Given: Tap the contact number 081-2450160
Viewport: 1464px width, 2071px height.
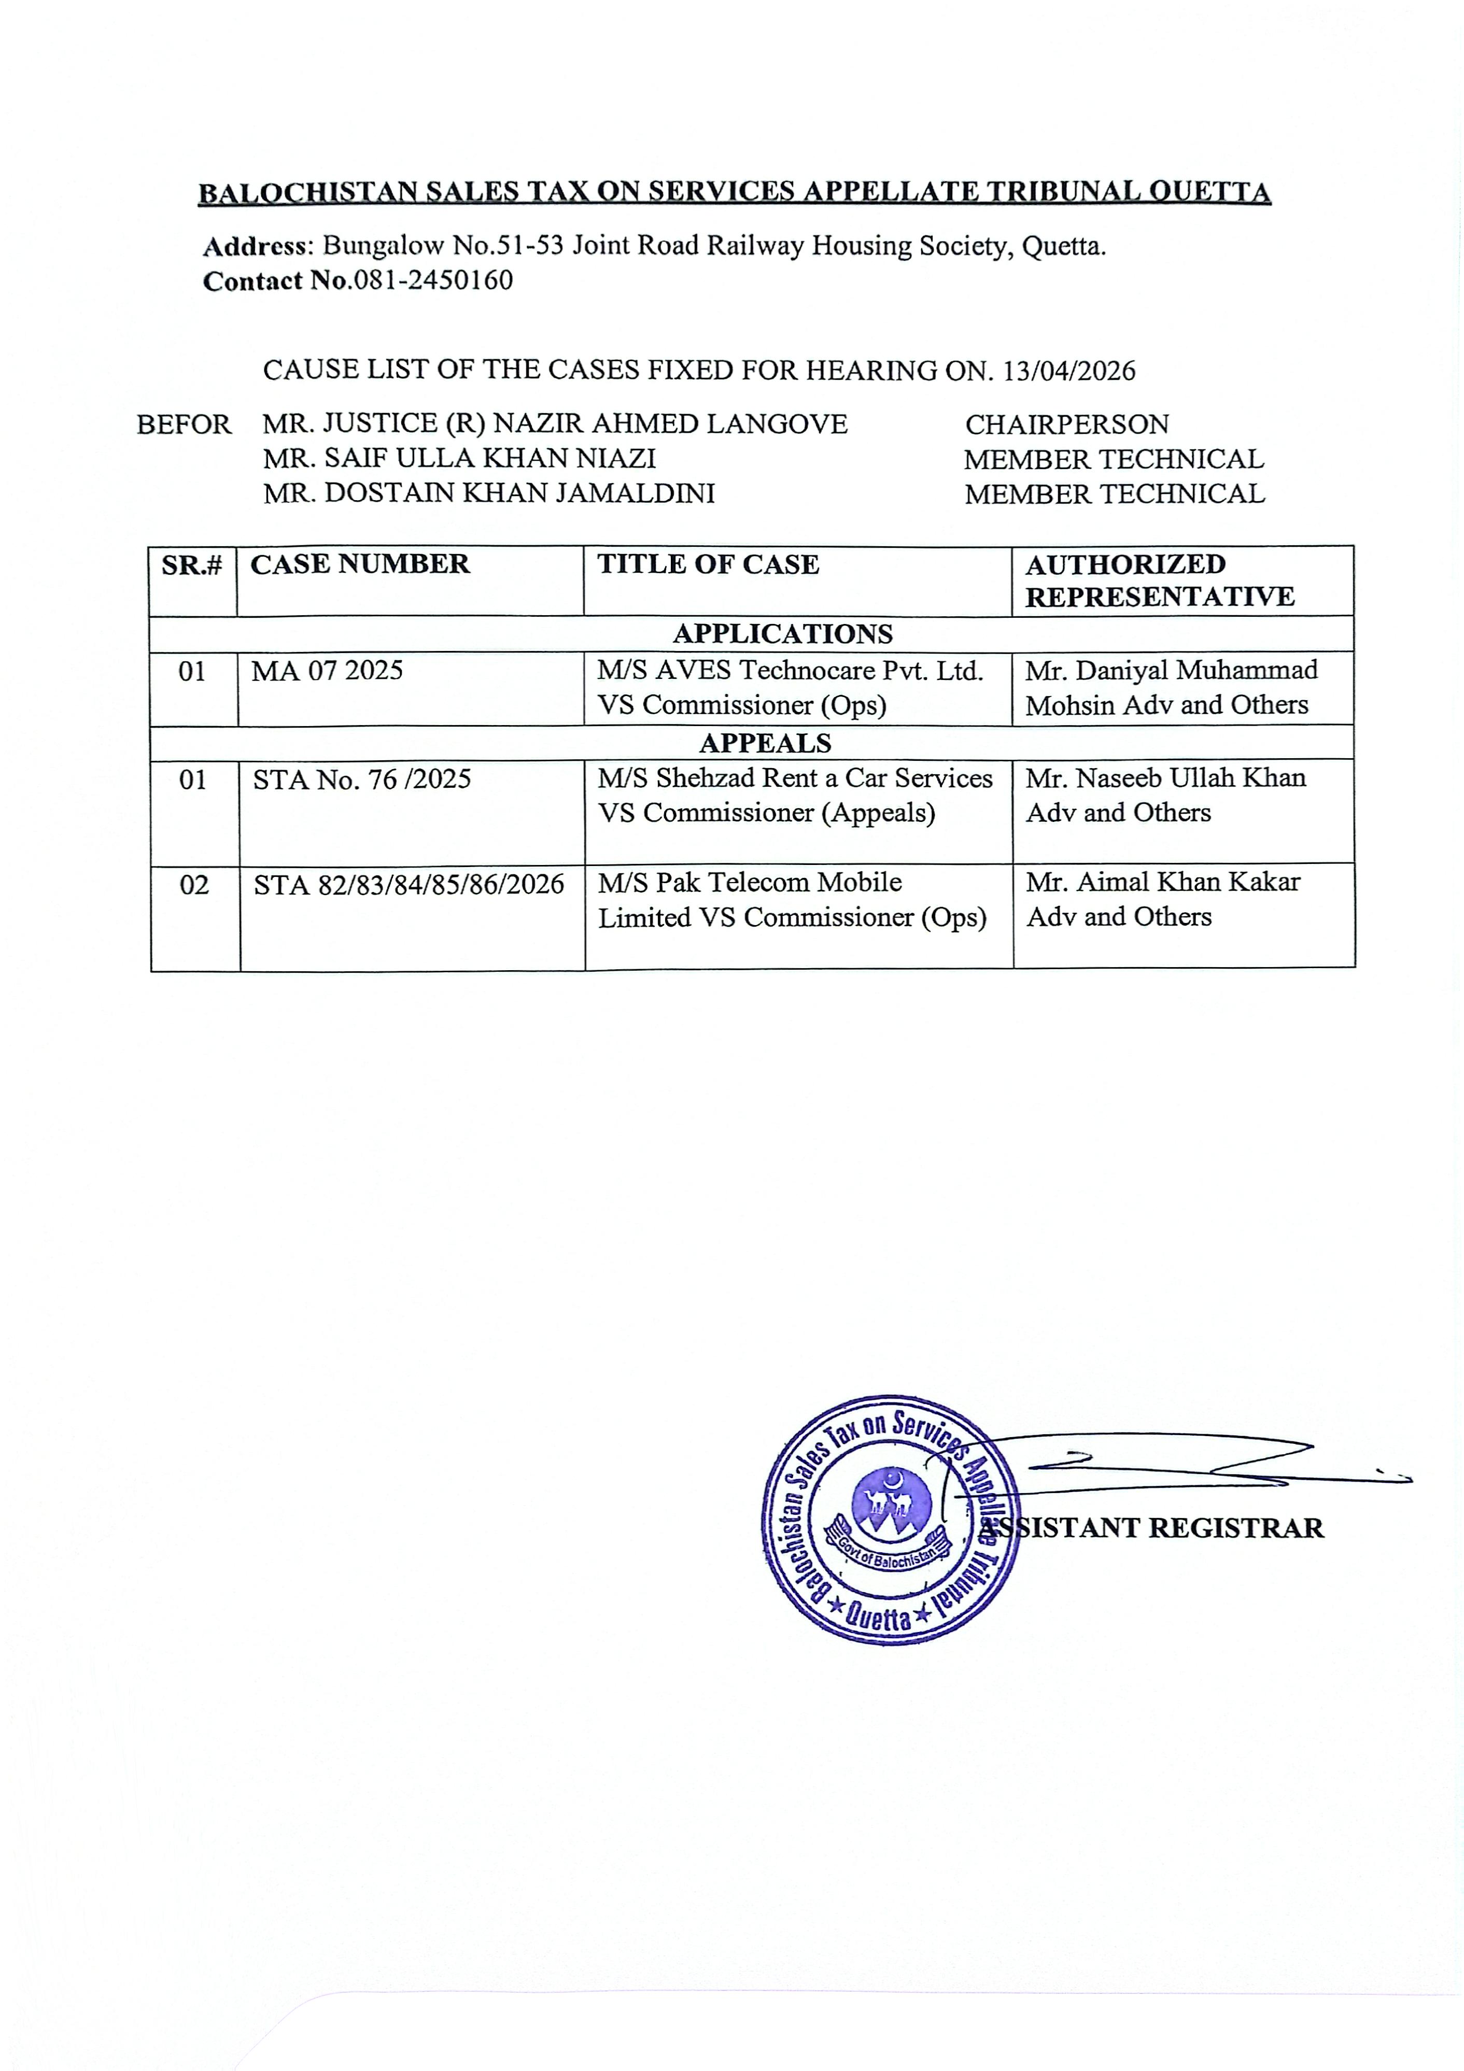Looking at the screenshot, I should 433,280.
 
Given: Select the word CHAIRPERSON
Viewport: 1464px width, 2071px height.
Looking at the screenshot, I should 1066,424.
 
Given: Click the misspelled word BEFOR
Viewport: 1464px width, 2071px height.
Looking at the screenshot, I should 183,424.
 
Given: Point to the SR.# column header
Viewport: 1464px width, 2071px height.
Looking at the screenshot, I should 191,565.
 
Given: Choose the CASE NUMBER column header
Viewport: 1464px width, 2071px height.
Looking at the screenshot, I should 360,565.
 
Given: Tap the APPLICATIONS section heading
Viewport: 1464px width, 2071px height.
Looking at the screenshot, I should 782,634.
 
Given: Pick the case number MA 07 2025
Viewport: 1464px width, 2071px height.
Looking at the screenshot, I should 327,671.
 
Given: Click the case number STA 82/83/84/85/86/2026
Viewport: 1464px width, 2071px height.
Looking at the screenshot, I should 409,885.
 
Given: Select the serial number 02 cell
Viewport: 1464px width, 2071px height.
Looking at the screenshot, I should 194,885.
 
